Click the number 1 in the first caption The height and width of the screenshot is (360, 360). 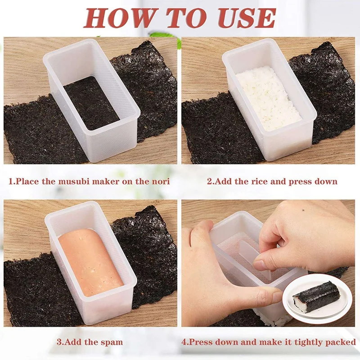pyautogui.click(x=10, y=181)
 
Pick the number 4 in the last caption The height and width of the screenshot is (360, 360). pyautogui.click(x=184, y=342)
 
